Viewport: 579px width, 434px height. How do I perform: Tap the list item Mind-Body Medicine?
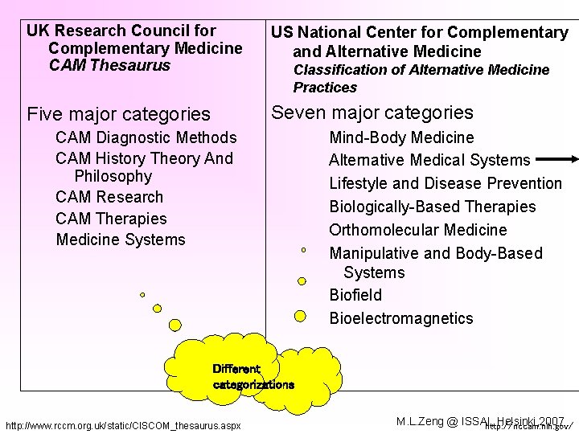pos(401,137)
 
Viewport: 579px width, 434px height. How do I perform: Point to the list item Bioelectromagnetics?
pos(401,318)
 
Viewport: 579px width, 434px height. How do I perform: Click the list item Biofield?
pos(355,295)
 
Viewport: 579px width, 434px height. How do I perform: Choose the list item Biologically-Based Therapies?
pos(432,207)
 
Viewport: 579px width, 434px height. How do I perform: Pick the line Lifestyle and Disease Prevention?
pos(445,183)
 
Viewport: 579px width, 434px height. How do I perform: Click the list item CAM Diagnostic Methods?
pos(146,137)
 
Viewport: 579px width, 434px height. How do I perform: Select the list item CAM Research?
pos(109,197)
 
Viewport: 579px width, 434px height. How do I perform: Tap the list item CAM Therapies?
pos(111,219)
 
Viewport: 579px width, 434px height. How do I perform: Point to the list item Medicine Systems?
pos(121,240)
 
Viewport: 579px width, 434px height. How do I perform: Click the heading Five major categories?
pos(118,114)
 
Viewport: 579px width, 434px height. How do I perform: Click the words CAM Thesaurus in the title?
pos(109,65)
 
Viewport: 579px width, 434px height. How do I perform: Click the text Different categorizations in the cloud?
pos(253,377)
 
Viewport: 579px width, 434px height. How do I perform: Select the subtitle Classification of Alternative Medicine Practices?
pos(421,78)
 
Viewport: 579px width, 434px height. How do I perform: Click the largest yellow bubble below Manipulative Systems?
pos(301,316)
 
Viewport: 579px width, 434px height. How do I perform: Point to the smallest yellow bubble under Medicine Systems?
pos(142,295)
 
